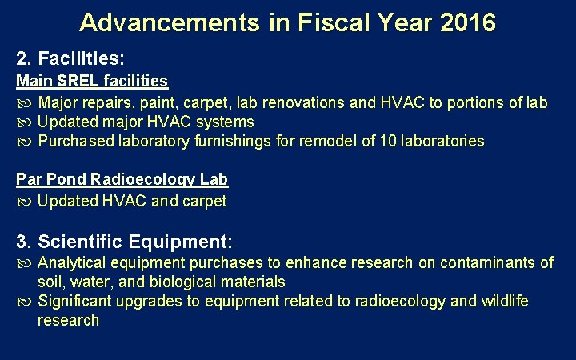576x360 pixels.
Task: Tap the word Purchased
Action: click(73, 142)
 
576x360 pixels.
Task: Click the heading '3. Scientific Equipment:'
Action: click(125, 241)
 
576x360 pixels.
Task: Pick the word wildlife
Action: click(504, 301)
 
